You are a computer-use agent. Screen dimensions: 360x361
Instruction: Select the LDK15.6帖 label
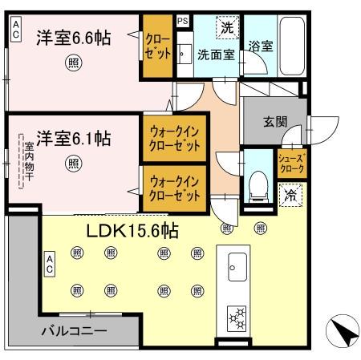(x=132, y=231)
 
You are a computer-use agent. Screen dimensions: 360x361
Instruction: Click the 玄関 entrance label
(x=275, y=123)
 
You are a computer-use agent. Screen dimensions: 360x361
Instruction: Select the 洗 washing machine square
(x=227, y=28)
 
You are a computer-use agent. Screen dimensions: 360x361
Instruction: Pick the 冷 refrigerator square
(x=288, y=194)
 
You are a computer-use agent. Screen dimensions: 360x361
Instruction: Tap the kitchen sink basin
(x=238, y=264)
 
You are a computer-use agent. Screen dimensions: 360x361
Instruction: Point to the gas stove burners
(x=239, y=318)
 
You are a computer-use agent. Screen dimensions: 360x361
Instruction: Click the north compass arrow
(x=339, y=330)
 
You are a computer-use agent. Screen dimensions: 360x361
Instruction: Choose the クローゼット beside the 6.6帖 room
(x=156, y=47)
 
